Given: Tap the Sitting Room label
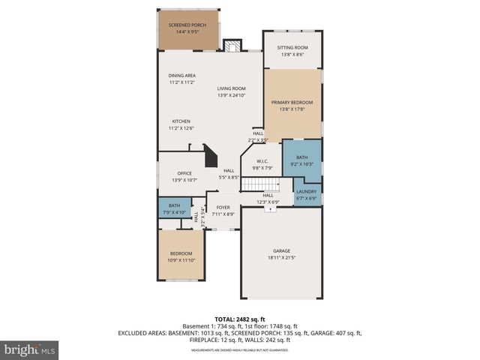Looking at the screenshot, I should point(292,46).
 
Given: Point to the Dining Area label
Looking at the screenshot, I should point(181,76).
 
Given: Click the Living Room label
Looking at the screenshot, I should point(232,88).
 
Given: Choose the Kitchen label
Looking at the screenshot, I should point(181,121).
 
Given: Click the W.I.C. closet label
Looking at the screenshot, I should point(262,160).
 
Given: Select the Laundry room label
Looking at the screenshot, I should point(307,191).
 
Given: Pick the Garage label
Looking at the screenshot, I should point(281,250).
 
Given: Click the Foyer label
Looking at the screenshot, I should point(223,208).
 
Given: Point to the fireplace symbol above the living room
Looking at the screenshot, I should point(232,45).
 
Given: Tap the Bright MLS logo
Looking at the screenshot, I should point(30,349).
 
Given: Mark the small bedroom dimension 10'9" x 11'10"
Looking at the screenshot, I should point(181,260).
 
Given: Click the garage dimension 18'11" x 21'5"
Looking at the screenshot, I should point(281,257).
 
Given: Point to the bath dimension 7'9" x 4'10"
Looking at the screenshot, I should point(174,212).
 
